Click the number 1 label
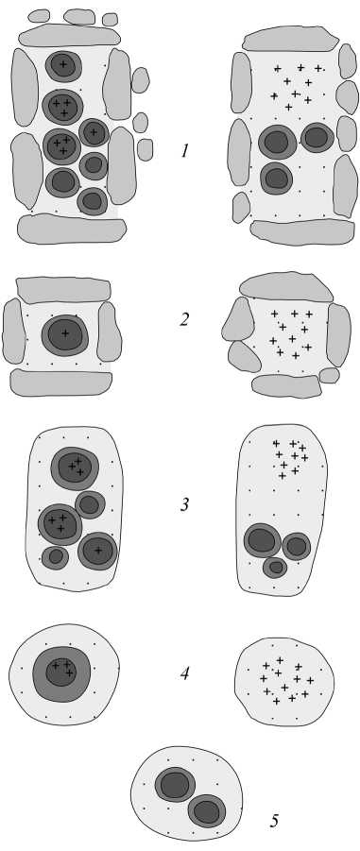(184, 150)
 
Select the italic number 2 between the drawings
(184, 319)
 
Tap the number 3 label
(184, 504)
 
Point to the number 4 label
(184, 674)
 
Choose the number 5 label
(275, 821)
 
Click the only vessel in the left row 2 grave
(65, 333)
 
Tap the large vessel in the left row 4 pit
(61, 674)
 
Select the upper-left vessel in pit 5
(175, 784)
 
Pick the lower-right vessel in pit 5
(207, 811)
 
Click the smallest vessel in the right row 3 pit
(275, 568)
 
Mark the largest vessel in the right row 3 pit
(263, 540)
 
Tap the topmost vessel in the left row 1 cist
(63, 66)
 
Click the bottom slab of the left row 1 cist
(71, 229)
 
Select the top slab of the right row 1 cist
(290, 39)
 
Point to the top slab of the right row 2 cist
(286, 286)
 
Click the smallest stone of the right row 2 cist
(329, 375)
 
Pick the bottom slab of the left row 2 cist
(60, 383)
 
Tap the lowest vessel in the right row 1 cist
(277, 178)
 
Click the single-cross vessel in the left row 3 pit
(97, 551)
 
